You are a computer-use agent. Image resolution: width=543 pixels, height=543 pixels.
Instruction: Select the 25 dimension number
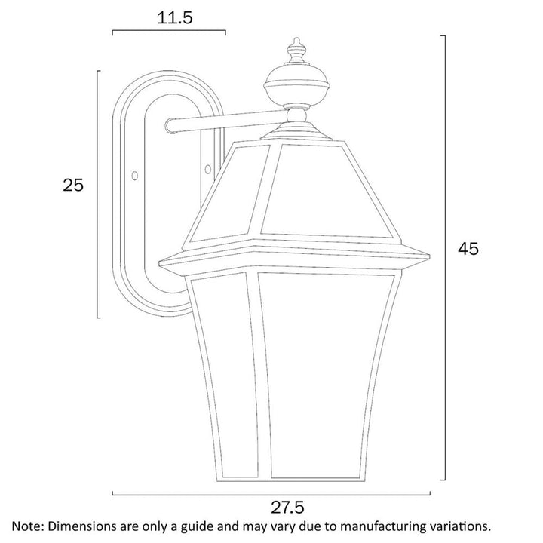click(73, 185)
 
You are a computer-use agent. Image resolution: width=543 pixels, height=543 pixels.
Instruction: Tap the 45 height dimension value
click(468, 247)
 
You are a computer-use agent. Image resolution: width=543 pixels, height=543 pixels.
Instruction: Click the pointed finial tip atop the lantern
click(296, 41)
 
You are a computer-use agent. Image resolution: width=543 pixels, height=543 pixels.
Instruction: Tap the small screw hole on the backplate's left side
click(135, 175)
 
